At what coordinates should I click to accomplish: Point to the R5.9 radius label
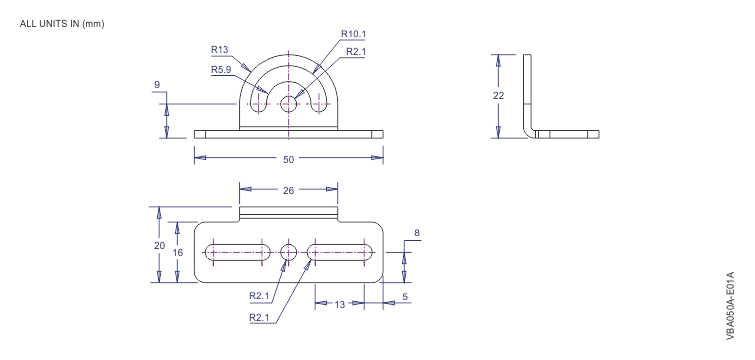click(223, 71)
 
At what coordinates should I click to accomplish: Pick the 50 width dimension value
click(288, 158)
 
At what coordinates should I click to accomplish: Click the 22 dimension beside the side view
click(499, 96)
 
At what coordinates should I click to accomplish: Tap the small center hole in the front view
click(288, 103)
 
